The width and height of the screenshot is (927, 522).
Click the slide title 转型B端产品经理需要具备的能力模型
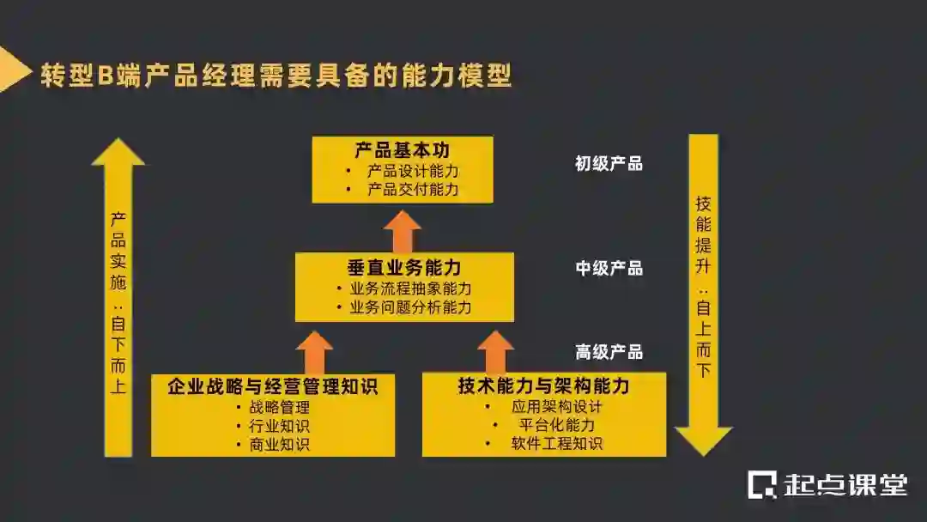(276, 76)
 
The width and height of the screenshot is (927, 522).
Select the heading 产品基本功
(402, 150)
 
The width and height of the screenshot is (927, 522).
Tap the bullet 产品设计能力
(413, 171)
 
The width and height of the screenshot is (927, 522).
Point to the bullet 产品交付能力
(413, 189)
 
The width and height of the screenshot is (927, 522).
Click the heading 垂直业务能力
(404, 266)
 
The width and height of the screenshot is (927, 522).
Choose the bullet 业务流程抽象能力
(410, 288)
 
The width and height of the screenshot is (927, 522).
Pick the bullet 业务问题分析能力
(410, 307)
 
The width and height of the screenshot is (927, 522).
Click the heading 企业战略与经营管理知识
(272, 386)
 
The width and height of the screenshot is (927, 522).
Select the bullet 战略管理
(279, 408)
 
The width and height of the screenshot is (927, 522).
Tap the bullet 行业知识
(279, 426)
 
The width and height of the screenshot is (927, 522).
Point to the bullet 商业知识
(279, 444)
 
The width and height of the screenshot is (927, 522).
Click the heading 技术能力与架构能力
(543, 386)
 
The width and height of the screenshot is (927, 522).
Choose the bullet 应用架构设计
(557, 407)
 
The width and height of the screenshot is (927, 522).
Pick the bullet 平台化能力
(557, 425)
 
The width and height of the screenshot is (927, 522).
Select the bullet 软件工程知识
(557, 443)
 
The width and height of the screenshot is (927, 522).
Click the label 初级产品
(609, 164)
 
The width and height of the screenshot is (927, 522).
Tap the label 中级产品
(609, 269)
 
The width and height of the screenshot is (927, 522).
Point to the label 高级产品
(609, 352)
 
